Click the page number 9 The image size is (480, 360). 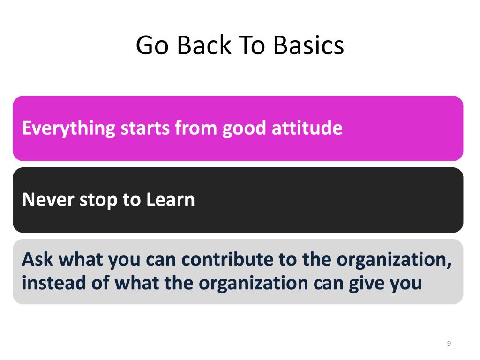449,344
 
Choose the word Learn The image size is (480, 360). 171,200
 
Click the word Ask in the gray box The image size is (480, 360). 39,259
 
